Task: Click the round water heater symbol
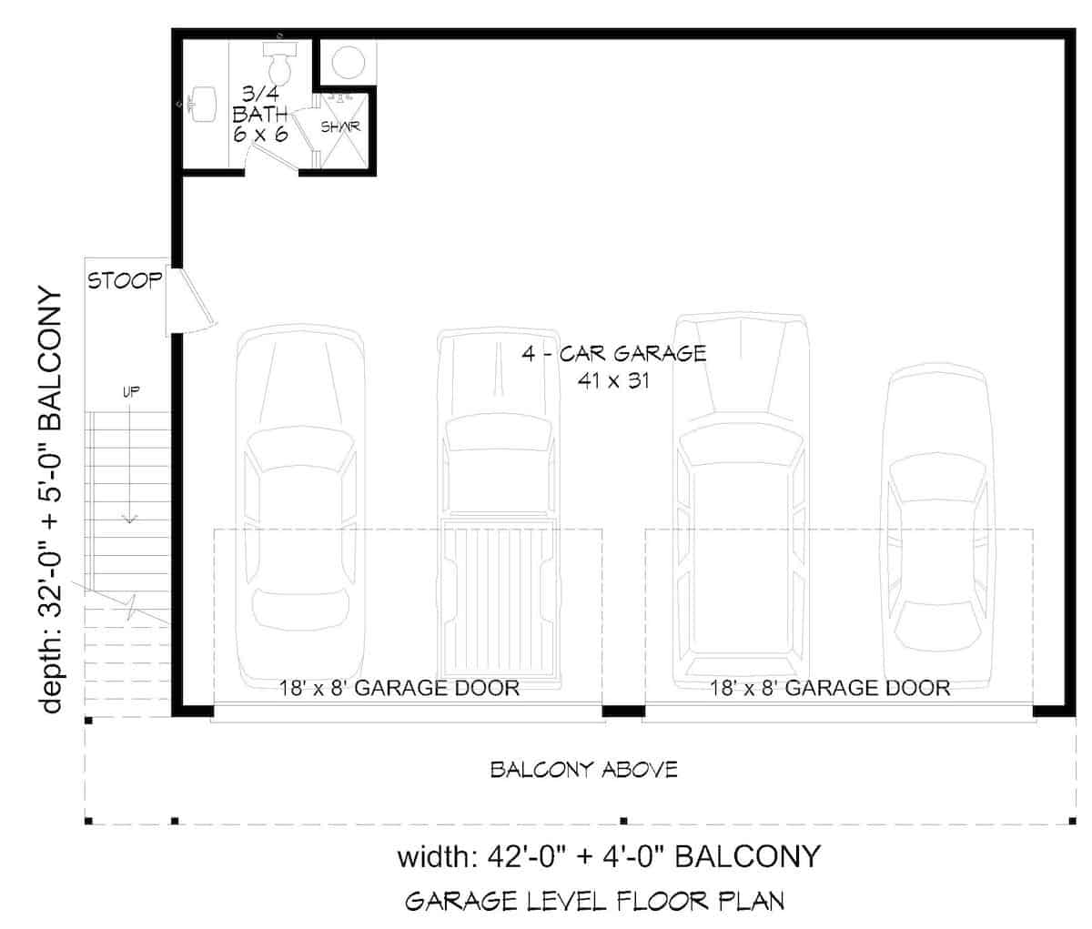pyautogui.click(x=347, y=62)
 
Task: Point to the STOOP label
pyautogui.click(x=124, y=280)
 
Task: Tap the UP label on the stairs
pyautogui.click(x=130, y=393)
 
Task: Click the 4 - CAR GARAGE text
pyautogui.click(x=613, y=353)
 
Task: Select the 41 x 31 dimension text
pyautogui.click(x=612, y=381)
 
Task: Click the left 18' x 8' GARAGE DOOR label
pyautogui.click(x=399, y=688)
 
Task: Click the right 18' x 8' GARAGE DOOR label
pyautogui.click(x=831, y=688)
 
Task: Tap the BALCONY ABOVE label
pyautogui.click(x=583, y=770)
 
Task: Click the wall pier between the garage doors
pyautogui.click(x=623, y=710)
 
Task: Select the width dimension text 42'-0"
pyautogui.click(x=524, y=857)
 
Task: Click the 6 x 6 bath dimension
pyautogui.click(x=260, y=135)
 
